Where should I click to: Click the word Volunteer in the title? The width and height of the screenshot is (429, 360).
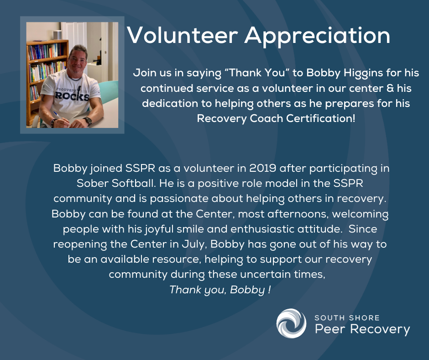(x=183, y=35)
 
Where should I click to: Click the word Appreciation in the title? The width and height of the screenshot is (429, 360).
(x=317, y=36)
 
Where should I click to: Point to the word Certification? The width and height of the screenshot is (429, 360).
(x=321, y=118)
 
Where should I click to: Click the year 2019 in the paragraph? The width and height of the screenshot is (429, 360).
(x=263, y=168)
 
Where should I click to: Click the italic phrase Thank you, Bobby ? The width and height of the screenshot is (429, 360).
(x=220, y=290)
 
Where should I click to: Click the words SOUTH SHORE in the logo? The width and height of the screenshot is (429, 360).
(x=347, y=318)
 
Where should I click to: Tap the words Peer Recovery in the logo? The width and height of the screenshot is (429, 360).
(x=362, y=329)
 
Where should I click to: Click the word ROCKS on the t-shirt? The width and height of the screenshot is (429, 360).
(x=72, y=96)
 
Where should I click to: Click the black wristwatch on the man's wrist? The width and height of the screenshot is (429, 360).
(x=88, y=121)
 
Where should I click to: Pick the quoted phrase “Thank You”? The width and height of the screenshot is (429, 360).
(x=257, y=73)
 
